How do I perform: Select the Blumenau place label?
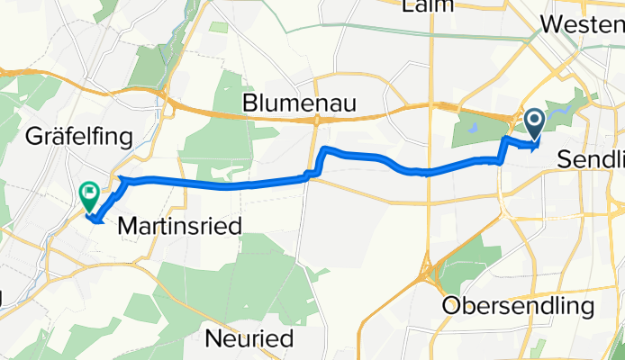click(301, 104)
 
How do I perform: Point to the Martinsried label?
click(180, 228)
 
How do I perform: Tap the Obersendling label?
click(520, 306)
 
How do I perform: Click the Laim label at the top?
click(426, 7)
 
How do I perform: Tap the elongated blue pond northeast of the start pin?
click(566, 112)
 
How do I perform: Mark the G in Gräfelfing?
click(32, 138)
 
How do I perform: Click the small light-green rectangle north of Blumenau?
click(220, 27)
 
